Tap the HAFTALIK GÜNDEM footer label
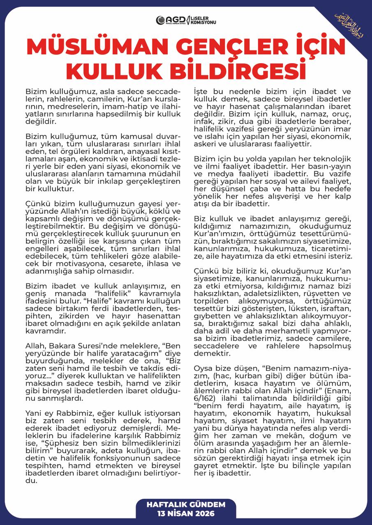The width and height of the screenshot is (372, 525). coord(186,504)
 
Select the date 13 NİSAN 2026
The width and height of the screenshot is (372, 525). coord(186,513)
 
